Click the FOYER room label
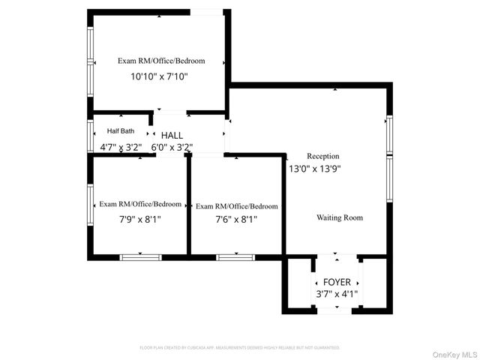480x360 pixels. point(337,281)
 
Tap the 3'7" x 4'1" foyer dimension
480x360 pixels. point(337,294)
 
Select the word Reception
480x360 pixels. point(323,156)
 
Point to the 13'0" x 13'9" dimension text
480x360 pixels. point(315,169)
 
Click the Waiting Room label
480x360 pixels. point(339,217)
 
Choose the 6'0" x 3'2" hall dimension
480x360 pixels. point(172,147)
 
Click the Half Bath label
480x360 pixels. point(121,131)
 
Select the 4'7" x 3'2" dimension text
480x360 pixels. point(121,147)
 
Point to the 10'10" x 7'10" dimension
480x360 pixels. point(160,76)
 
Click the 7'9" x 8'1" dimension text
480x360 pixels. point(140,219)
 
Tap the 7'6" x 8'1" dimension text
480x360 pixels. point(236,220)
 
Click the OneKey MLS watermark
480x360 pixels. point(452,354)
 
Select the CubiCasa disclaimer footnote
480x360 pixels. point(240,348)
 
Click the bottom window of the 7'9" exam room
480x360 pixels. point(140,257)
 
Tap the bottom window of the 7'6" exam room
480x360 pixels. point(235,257)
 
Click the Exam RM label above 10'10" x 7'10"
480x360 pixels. point(160,61)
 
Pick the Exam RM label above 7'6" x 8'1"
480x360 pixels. point(236,206)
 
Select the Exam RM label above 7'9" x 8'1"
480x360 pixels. point(140,204)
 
